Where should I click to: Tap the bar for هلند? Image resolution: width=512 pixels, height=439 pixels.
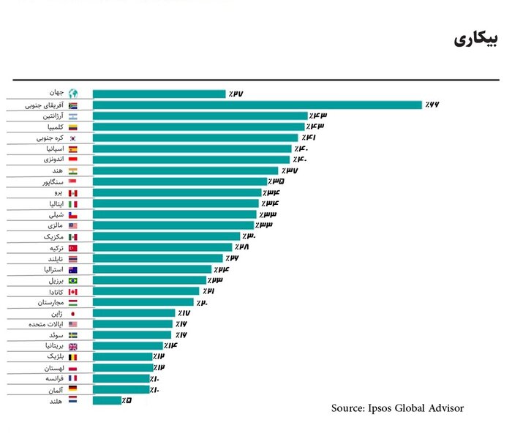(x=107, y=400)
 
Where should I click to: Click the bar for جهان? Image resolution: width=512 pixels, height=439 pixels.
(x=159, y=94)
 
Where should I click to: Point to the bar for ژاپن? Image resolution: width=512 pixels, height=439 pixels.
(x=134, y=313)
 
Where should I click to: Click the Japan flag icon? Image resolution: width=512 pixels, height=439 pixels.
(x=72, y=313)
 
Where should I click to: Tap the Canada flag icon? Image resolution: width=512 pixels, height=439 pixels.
(x=72, y=291)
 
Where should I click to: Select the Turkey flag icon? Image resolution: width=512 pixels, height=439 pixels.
(x=72, y=247)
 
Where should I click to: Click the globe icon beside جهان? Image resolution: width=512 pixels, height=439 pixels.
(x=72, y=94)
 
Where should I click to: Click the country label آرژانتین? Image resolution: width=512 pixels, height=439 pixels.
(x=50, y=116)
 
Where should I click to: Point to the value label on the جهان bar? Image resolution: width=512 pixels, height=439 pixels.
(x=235, y=94)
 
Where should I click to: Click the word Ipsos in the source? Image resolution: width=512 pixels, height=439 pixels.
(x=386, y=408)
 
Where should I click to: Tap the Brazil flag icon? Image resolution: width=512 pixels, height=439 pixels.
(x=72, y=280)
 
